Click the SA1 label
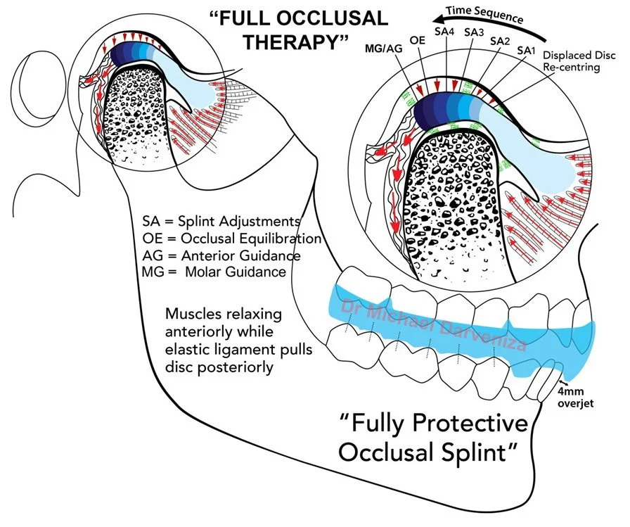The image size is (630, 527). (525, 51)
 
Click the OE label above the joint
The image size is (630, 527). (416, 41)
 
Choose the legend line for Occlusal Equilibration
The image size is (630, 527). (231, 239)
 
